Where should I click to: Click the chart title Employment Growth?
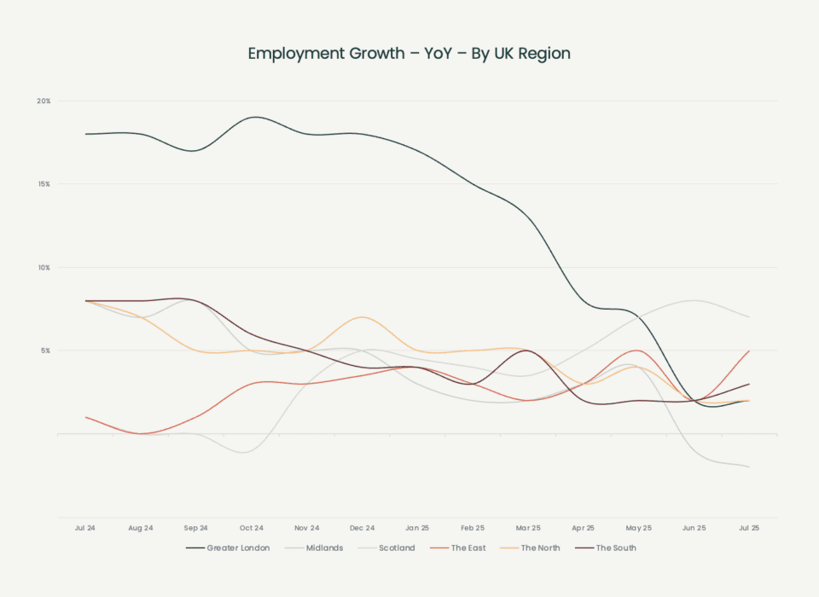coord(409,54)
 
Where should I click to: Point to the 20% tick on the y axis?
coord(44,101)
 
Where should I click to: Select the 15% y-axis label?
coord(44,184)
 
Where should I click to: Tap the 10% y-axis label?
coord(44,268)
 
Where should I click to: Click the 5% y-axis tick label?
coord(44,351)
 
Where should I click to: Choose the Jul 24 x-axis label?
coord(85,529)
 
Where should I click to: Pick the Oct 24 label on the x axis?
coord(252,529)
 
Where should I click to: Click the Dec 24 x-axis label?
coord(363,529)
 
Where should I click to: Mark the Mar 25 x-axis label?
coord(528,529)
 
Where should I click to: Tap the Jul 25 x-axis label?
coord(749,529)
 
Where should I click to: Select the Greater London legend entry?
coord(229,548)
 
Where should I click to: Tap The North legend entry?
coord(531,548)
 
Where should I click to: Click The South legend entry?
coord(607,548)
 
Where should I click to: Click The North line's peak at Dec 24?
coord(363,317)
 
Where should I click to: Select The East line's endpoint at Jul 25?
coord(749,351)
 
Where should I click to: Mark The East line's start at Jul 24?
coord(86,417)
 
